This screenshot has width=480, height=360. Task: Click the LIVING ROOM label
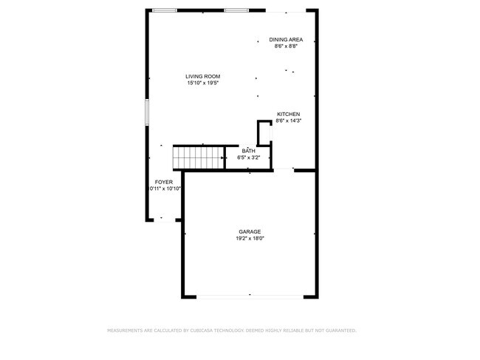click(x=202, y=76)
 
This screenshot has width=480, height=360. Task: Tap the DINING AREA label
click(x=286, y=40)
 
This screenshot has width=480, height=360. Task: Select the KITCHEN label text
click(x=288, y=114)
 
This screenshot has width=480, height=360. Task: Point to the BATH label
click(x=248, y=151)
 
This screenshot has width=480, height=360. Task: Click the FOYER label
click(x=163, y=182)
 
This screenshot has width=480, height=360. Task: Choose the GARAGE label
click(x=250, y=231)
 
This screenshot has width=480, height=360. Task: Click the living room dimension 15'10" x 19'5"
click(x=202, y=83)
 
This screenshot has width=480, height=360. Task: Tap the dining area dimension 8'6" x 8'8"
click(x=286, y=47)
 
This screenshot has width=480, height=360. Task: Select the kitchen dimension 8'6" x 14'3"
click(x=288, y=120)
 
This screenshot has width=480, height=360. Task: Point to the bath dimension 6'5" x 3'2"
click(x=248, y=157)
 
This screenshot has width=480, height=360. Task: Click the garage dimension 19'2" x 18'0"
click(x=250, y=238)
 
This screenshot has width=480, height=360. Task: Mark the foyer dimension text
click(x=165, y=189)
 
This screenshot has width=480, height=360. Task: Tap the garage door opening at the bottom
click(x=250, y=296)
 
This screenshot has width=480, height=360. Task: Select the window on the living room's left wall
click(x=147, y=112)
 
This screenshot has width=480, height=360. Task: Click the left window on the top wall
click(x=165, y=10)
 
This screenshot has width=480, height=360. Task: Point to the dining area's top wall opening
click(x=287, y=11)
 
